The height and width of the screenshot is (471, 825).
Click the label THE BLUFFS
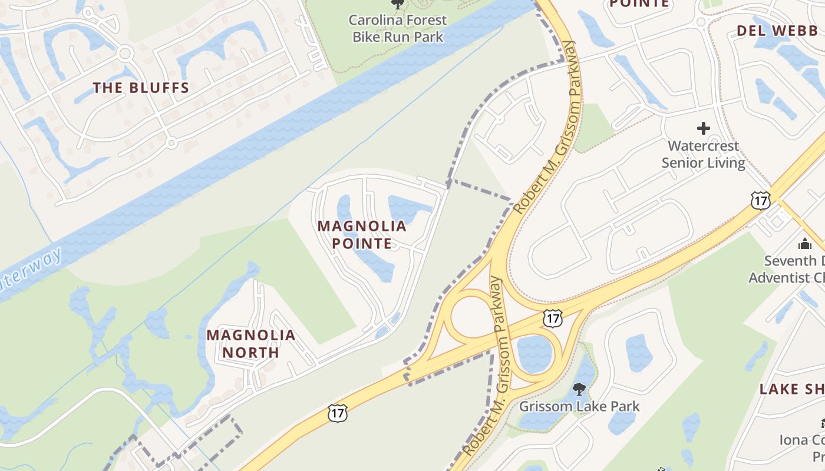141,88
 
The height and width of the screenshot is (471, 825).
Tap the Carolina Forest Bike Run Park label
398,28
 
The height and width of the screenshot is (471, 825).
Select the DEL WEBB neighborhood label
777,31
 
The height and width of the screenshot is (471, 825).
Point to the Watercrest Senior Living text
703,154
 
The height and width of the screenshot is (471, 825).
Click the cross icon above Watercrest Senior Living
703,128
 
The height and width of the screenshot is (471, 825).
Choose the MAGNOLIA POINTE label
362,234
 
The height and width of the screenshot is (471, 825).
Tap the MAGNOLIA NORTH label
250,344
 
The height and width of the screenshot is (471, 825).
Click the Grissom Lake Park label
579,406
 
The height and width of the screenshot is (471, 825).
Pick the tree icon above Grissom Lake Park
579,389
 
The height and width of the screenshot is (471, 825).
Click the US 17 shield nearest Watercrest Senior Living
760,200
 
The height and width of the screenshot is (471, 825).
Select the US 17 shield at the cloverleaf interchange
552,319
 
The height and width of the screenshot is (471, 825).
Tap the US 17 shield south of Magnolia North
337,413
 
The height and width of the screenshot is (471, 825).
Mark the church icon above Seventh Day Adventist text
805,244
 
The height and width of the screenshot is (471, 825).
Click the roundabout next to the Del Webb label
701,22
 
